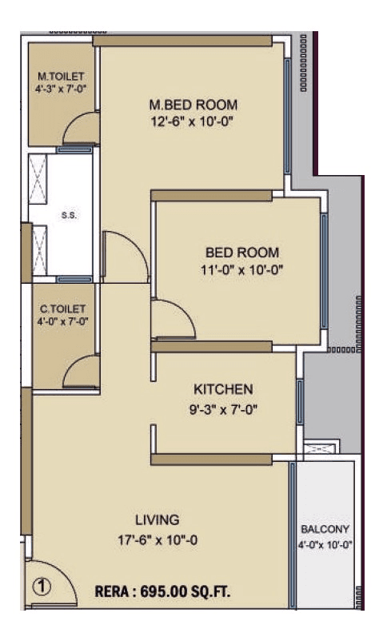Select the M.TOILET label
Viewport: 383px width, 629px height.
coord(61,77)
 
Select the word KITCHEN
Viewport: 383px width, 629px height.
coord(223,389)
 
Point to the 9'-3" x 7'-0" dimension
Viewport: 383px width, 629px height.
coord(223,408)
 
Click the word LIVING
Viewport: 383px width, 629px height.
coord(157,520)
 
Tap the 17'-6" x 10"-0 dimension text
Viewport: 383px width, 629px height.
coord(157,539)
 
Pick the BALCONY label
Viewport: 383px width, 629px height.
coord(325,530)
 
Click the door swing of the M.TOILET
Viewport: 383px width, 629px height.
coord(81,129)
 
